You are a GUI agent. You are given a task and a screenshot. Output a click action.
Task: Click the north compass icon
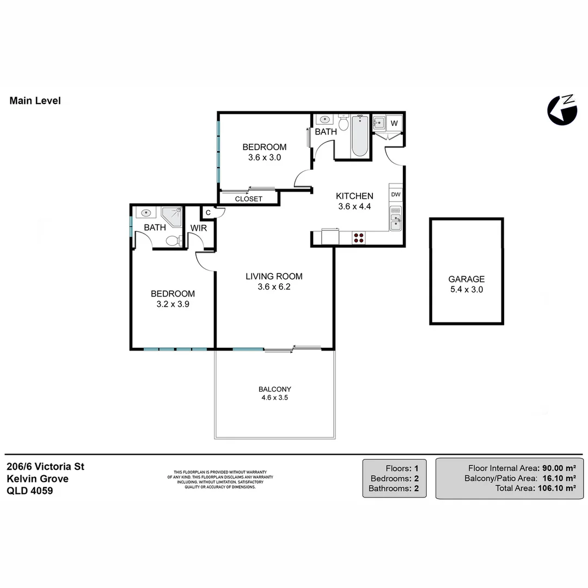(561, 111)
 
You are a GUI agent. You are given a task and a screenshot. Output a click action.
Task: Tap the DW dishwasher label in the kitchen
(396, 194)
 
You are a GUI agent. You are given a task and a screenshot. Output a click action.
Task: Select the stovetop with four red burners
(359, 237)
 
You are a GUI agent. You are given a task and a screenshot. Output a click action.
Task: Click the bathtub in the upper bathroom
(359, 137)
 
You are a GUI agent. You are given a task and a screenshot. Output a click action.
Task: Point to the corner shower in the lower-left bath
(173, 217)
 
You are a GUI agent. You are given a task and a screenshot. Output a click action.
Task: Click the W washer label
(394, 124)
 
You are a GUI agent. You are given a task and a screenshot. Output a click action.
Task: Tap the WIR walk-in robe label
(199, 228)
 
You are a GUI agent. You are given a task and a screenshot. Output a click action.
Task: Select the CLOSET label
(248, 199)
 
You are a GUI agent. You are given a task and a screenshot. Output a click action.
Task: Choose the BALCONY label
(274, 389)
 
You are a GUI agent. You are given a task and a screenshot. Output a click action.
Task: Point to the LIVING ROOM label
(274, 276)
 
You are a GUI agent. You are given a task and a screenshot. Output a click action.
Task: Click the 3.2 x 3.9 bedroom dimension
(173, 304)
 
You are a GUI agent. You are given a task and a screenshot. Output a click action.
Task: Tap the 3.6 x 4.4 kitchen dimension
(354, 206)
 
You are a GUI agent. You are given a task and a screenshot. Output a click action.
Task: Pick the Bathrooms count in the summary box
(415, 488)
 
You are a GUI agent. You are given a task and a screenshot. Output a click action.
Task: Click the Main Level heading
(35, 101)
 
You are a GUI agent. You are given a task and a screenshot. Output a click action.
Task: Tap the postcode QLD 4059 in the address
(29, 491)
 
